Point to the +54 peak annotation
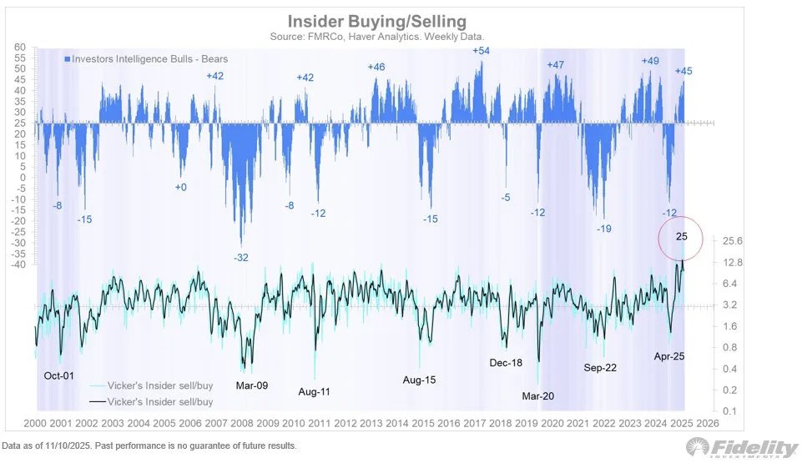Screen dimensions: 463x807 pos(481,51)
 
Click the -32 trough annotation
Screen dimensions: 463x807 pos(241,258)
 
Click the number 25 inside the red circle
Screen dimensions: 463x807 pos(681,236)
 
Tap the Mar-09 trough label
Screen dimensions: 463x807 pos(251,385)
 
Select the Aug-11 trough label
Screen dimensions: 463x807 pos(315,391)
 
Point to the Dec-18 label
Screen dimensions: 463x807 pos(507,363)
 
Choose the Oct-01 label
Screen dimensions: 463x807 pos(58,375)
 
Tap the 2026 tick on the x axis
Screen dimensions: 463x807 pos(707,424)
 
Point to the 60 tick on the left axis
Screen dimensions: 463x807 pos(21,48)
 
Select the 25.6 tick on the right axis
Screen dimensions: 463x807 pos(731,241)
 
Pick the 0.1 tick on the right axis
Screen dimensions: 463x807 pos(729,411)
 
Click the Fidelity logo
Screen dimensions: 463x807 pos(741,448)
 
